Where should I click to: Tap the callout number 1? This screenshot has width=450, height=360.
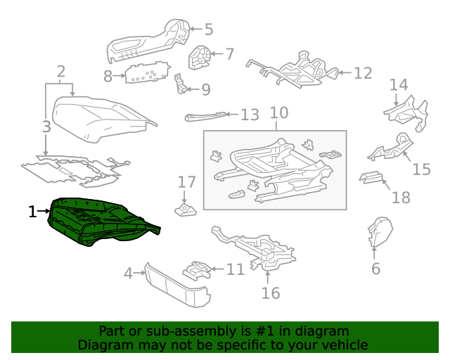(x=32, y=211)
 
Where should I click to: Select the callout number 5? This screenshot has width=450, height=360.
(x=208, y=30)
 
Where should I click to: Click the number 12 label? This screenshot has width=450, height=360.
(x=362, y=72)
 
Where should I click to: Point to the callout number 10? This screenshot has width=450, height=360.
(x=279, y=112)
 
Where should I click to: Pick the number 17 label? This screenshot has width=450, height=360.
(x=186, y=182)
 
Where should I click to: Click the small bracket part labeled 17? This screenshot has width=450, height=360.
(x=186, y=210)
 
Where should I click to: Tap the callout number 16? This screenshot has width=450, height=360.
(x=271, y=292)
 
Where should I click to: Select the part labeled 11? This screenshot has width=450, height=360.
(x=198, y=270)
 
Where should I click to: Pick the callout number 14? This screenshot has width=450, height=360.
(x=399, y=85)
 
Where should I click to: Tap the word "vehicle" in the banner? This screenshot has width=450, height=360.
(x=345, y=345)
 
